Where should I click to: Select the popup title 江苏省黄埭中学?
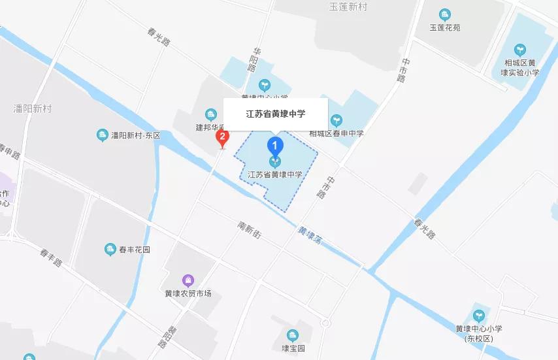(275, 113)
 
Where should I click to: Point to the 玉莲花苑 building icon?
(445, 15)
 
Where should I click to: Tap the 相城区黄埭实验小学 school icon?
(519, 49)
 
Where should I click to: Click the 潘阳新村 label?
(32, 108)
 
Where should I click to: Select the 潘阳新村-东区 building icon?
(102, 135)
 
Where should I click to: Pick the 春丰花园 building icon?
(110, 249)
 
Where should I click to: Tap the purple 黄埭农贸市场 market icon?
(188, 280)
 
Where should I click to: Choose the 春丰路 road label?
(50, 257)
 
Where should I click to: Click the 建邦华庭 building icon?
(210, 114)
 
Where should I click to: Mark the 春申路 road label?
(10, 155)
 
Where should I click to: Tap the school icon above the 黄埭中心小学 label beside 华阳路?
(264, 85)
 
